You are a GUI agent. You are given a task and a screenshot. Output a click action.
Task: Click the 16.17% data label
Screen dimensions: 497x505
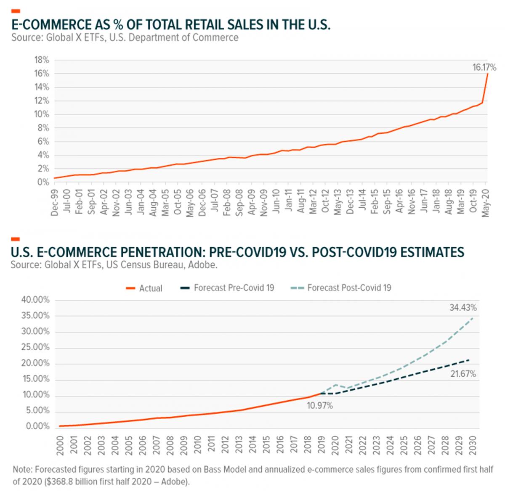[484, 67]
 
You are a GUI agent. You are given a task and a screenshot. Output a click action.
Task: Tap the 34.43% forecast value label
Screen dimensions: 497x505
[463, 308]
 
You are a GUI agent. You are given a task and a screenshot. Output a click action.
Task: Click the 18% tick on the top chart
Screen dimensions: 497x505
[41, 60]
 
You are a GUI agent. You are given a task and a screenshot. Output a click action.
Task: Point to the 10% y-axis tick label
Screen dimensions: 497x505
[41, 114]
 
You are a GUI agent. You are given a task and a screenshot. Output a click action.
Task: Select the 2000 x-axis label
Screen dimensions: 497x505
[60, 445]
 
